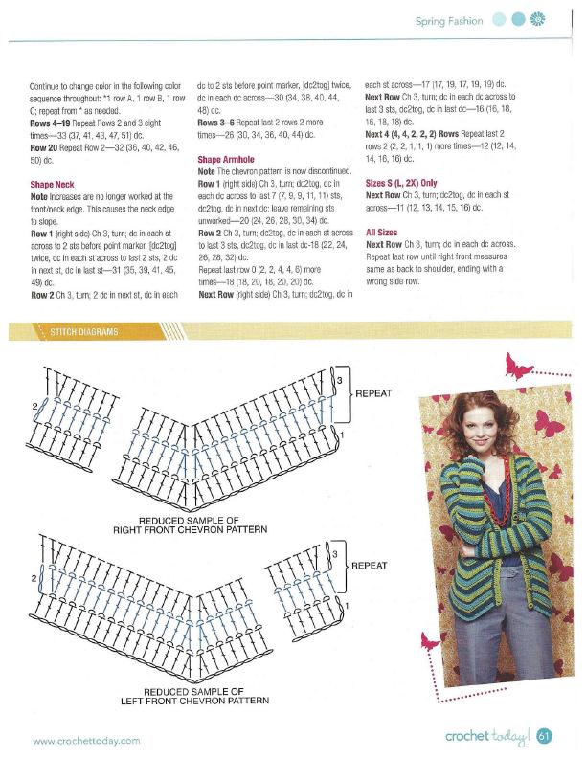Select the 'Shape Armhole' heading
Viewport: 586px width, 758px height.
click(x=226, y=159)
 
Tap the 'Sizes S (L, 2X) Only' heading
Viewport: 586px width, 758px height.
click(x=401, y=182)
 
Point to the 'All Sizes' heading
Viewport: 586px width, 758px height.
click(x=383, y=231)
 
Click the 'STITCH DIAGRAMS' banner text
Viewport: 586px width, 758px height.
click(x=86, y=332)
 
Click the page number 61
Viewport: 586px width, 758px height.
click(x=544, y=736)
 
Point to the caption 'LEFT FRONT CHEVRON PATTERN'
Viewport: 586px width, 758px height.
click(x=194, y=700)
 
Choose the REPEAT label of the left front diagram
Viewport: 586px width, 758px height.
click(x=369, y=565)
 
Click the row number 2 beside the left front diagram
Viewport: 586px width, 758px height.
click(x=34, y=579)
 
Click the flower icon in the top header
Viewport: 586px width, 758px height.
click(x=537, y=20)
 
